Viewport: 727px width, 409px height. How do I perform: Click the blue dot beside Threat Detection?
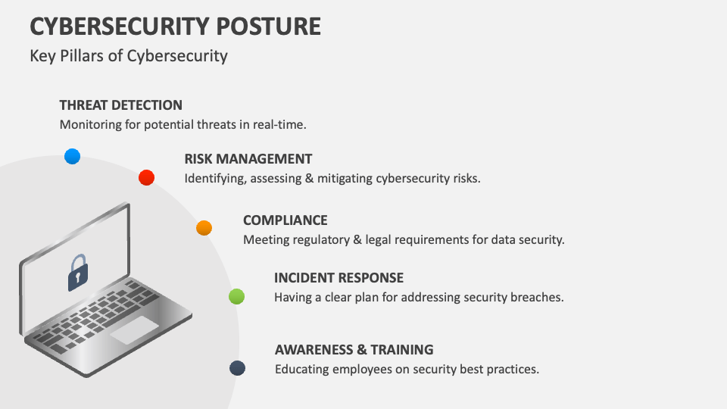tap(73, 156)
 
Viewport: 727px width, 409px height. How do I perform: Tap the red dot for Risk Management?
tap(146, 177)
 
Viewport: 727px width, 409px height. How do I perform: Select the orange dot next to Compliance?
tap(204, 228)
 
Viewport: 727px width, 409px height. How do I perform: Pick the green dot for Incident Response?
tap(236, 296)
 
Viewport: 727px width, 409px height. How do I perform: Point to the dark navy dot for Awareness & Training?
tap(237, 368)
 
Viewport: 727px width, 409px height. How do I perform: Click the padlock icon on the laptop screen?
tap(78, 273)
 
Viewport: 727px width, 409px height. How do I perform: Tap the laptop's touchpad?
tap(135, 330)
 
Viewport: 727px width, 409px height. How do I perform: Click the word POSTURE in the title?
tap(268, 27)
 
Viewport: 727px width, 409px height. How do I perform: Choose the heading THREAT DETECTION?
tap(121, 105)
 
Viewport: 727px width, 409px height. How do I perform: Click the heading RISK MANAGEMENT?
tap(248, 159)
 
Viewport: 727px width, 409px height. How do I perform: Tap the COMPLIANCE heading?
tap(285, 220)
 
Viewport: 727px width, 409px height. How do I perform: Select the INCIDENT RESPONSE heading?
tap(339, 278)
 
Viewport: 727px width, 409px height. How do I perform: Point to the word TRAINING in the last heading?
tap(402, 350)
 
